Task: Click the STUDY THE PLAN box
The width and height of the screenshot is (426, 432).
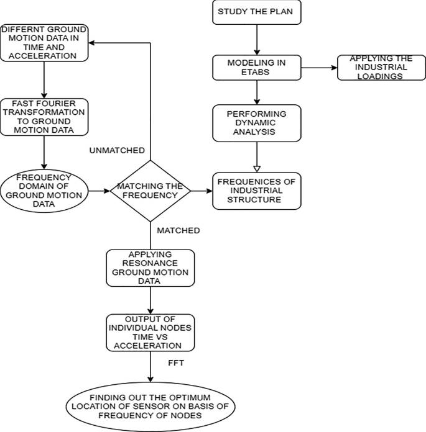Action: [x=256, y=12]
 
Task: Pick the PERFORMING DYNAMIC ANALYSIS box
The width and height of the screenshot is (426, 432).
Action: [x=256, y=122]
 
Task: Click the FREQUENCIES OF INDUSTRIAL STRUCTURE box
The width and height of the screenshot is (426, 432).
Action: [x=256, y=190]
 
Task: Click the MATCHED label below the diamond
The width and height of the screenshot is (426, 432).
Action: [x=178, y=230]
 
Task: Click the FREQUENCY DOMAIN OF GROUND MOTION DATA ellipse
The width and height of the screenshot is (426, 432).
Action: [x=45, y=190]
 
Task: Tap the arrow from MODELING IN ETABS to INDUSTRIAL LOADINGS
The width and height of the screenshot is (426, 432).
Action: [x=318, y=68]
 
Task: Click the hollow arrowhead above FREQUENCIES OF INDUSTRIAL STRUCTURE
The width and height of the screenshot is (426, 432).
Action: [x=256, y=167]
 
